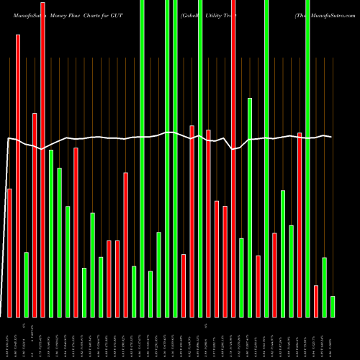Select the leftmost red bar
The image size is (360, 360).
tap(9, 252)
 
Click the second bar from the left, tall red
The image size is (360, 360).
tap(18, 176)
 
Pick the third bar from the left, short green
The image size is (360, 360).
tap(26, 284)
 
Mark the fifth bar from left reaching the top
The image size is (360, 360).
tap(42, 159)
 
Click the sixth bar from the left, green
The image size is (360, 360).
tap(51, 233)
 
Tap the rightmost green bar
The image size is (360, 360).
tap(333, 306)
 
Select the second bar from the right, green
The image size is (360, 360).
tap(324, 287)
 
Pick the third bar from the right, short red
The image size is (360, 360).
tap(316, 301)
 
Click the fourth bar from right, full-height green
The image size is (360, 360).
tap(307, 158)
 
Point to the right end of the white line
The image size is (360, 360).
tap(331, 137)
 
